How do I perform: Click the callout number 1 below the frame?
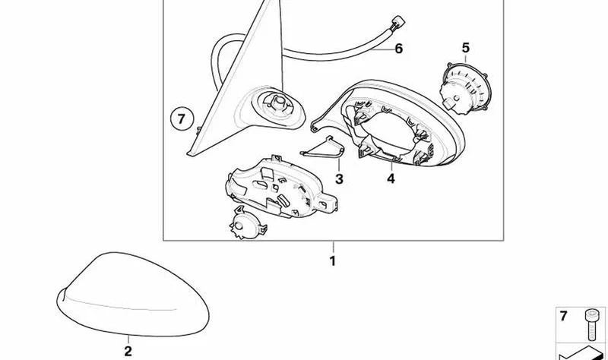point(332,261)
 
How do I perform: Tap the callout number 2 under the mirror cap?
point(128,351)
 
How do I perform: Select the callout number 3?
point(339,179)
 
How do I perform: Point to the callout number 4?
point(391,178)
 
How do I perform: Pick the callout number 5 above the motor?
point(466,48)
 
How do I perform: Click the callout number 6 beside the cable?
point(398,49)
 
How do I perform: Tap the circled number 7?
point(182,118)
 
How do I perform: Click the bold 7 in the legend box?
point(563,316)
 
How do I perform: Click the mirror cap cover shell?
point(132,295)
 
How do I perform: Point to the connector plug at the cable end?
point(397,24)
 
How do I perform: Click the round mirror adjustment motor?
point(465,89)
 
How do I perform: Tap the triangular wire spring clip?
point(323,148)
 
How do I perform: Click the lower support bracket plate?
point(281,188)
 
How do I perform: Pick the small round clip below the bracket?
point(245,223)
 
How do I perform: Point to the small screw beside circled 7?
point(198,130)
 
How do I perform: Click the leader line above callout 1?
point(333,247)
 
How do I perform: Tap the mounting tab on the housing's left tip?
point(314,125)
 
